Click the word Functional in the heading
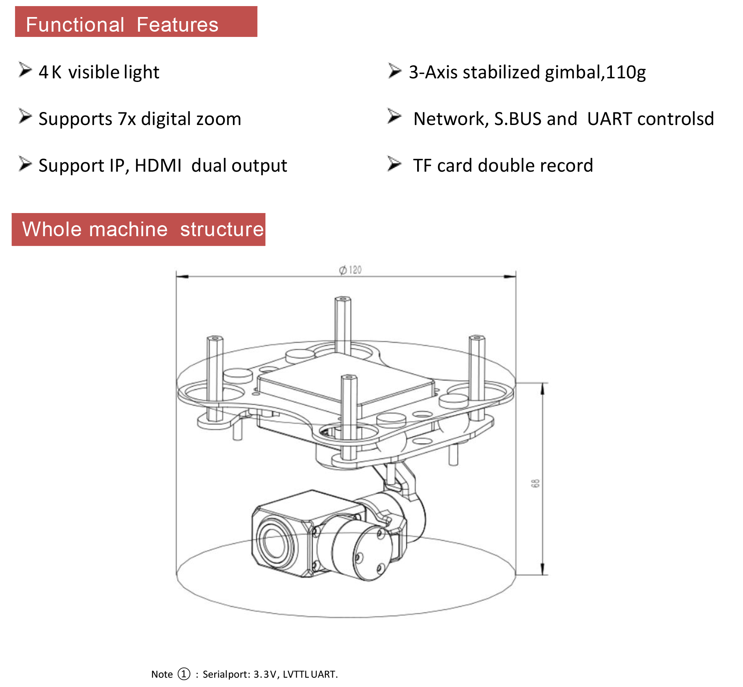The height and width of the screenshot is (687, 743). click(75, 25)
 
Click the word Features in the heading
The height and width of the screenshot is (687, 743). click(177, 25)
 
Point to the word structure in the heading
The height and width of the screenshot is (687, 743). click(222, 229)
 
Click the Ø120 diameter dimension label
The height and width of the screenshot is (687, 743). click(350, 270)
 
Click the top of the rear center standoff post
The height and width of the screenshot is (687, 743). click(343, 299)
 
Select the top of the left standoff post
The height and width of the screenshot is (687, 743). click(214, 338)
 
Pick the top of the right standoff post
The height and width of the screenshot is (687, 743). click(477, 338)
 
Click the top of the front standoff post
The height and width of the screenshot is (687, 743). click(349, 377)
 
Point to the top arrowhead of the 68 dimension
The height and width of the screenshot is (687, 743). click(543, 388)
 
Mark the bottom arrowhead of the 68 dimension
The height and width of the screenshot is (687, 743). click(543, 570)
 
